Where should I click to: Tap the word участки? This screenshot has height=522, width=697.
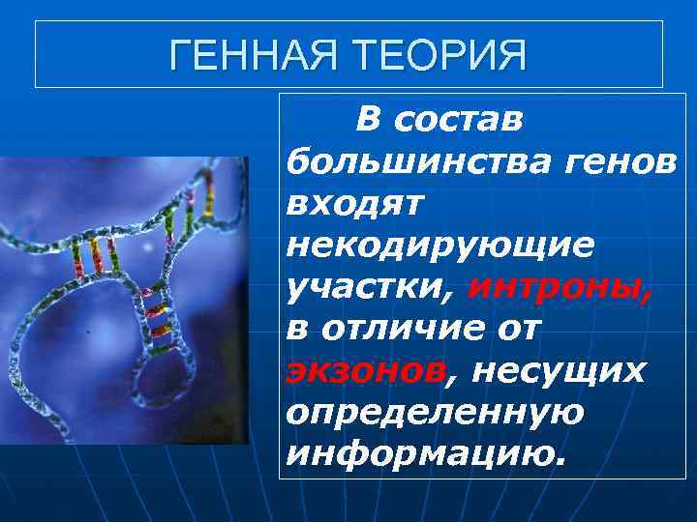372,287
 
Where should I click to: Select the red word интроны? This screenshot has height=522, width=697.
560,287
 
